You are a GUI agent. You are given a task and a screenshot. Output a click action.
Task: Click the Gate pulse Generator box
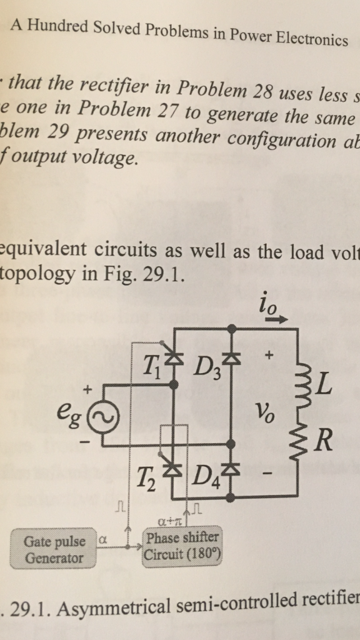point(54,549)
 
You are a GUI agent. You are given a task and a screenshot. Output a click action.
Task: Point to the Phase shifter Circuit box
point(182,546)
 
